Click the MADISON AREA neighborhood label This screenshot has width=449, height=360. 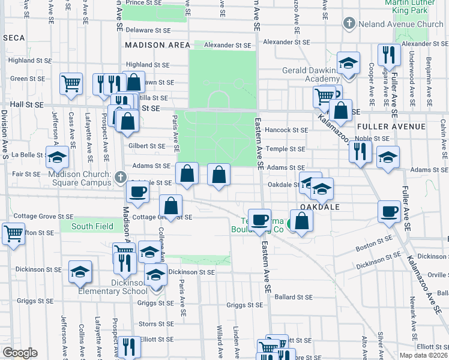coord(157,45)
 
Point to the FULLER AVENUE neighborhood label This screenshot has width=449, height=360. coord(391,127)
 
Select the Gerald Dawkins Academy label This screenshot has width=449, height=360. coord(311,74)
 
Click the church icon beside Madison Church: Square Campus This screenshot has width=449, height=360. coord(121,176)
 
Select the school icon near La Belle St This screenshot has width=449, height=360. coord(58,157)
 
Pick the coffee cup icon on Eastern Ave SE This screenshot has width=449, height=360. coord(260,220)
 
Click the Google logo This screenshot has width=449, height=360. coord(20,353)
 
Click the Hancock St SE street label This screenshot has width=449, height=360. coord(287,130)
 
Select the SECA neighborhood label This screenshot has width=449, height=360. coord(14,38)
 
